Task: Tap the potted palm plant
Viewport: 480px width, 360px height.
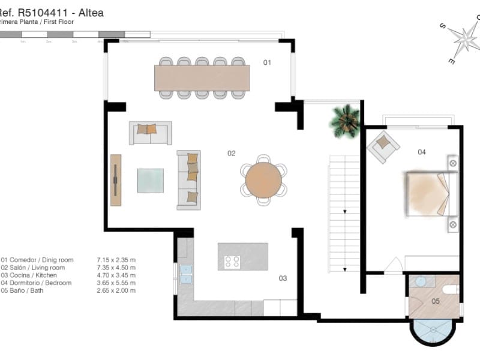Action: [x=345, y=120]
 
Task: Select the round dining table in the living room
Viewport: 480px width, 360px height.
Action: [x=263, y=180]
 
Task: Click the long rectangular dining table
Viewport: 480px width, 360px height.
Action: [x=202, y=77]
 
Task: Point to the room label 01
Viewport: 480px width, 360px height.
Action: [x=268, y=62]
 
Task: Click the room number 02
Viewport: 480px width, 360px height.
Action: [x=231, y=154]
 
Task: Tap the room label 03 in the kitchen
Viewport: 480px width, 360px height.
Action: [x=283, y=278]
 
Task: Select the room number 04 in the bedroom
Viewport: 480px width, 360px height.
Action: [x=422, y=152]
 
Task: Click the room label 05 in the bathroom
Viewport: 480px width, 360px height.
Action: [x=436, y=301]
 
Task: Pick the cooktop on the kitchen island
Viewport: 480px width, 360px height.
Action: [x=232, y=262]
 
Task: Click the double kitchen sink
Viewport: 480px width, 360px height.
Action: [x=185, y=273]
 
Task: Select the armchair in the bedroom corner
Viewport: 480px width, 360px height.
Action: [x=383, y=147]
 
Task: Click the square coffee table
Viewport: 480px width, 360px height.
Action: [x=150, y=180]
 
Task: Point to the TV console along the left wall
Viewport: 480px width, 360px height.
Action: [x=116, y=180]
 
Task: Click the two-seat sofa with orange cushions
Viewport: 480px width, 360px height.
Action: [x=150, y=133]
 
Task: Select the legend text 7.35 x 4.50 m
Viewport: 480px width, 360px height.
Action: [x=116, y=268]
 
